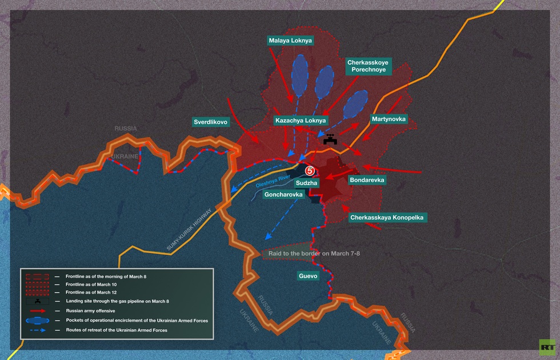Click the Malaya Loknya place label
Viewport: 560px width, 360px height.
pos(291,41)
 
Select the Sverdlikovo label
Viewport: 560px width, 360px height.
pos(210,122)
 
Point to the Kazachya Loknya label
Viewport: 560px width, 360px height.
pos(301,121)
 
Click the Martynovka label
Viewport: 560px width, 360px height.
pos(389,119)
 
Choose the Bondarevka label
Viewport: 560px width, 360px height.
pos(367,180)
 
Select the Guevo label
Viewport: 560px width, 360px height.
pos(308,276)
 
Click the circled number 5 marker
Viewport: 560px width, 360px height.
pos(309,170)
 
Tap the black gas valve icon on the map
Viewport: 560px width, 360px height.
pos(330,139)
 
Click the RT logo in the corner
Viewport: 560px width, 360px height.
pos(547,346)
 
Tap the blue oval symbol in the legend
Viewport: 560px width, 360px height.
pos(37,321)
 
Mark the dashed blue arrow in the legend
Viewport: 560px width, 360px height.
pos(37,330)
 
